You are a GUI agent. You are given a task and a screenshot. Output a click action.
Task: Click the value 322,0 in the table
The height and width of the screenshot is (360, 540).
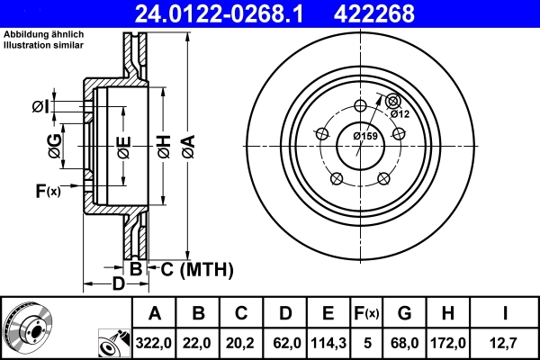(154, 342)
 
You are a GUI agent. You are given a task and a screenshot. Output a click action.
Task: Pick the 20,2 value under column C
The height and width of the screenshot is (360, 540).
(241, 342)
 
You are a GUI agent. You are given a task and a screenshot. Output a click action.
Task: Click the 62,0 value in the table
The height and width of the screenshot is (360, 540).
(284, 342)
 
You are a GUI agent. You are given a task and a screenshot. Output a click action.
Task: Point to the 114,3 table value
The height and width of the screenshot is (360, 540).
(328, 342)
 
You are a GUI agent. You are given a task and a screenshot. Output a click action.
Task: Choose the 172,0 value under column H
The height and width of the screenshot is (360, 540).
(446, 342)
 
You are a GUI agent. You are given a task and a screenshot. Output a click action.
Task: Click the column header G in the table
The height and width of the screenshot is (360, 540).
(404, 314)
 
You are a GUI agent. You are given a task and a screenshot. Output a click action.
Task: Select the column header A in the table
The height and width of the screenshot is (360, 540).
(154, 314)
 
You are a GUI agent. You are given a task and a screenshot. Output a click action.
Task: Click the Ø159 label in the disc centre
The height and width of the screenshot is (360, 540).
(364, 136)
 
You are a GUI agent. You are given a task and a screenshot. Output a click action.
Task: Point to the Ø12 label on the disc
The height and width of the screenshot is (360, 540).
(400, 113)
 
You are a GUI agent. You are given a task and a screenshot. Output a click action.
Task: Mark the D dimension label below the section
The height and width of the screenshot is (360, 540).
(118, 285)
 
